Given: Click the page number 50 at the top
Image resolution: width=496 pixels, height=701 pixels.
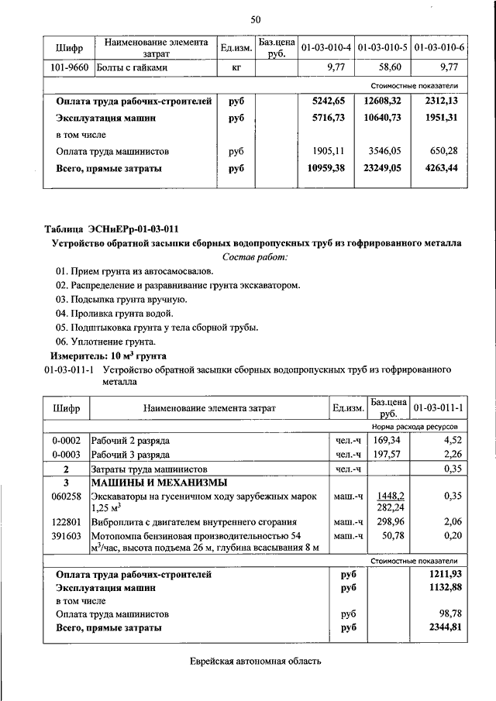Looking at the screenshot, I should pos(256,19).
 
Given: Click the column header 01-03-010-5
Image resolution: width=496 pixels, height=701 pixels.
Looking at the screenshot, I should pos(383,48).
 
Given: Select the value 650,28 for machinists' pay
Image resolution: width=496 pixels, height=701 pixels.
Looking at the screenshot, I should pos(444,151).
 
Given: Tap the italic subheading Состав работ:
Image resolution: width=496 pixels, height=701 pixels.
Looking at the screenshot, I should pos(255,256).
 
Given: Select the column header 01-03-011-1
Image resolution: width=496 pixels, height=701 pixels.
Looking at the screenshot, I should pos(439,407).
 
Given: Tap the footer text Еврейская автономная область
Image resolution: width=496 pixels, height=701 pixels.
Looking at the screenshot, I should pos(255,662).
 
